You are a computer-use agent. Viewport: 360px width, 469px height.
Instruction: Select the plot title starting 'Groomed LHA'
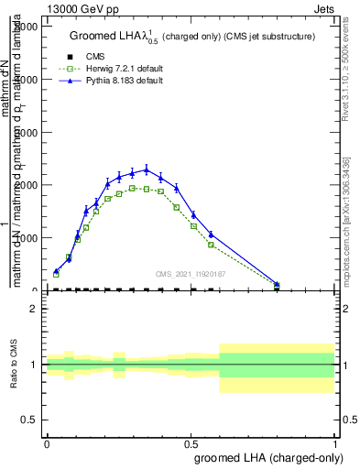coord(192,37)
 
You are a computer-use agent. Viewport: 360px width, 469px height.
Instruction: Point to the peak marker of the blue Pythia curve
coord(147,169)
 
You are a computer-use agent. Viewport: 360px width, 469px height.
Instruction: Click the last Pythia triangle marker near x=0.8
coord(277,284)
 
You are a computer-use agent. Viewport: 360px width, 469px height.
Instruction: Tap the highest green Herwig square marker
coord(132,188)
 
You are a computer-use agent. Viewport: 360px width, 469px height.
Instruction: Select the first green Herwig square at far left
coord(56,274)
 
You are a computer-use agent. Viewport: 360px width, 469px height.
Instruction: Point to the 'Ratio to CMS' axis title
coord(16,365)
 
